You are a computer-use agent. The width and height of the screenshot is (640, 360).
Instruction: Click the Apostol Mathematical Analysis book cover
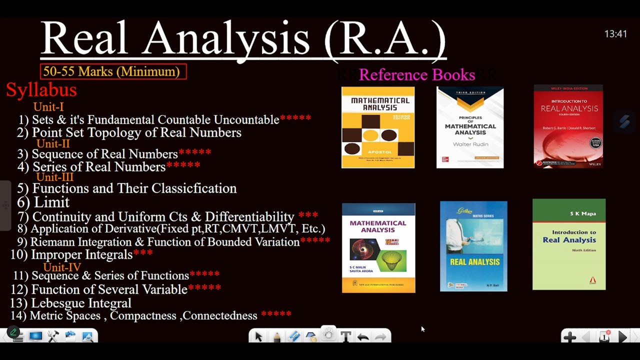pyautogui.click(x=378, y=127)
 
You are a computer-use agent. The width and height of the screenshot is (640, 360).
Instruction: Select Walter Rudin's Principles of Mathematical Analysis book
pyautogui.click(x=470, y=127)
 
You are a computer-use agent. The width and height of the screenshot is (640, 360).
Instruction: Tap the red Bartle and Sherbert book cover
pyautogui.click(x=568, y=126)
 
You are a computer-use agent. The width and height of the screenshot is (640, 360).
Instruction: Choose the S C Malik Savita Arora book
pyautogui.click(x=378, y=248)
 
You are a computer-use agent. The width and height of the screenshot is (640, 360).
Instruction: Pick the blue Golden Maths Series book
pyautogui.click(x=473, y=246)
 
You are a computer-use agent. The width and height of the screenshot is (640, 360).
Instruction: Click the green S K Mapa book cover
pyautogui.click(x=569, y=244)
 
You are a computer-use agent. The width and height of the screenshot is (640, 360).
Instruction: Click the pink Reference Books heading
pyautogui.click(x=416, y=75)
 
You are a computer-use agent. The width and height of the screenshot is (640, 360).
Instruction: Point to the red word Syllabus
pyautogui.click(x=41, y=90)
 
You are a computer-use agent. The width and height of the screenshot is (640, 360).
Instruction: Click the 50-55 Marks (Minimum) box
pyautogui.click(x=113, y=71)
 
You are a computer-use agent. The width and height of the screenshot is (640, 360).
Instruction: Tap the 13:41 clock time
pyautogui.click(x=615, y=34)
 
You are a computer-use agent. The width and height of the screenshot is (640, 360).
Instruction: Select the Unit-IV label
pyautogui.click(x=62, y=267)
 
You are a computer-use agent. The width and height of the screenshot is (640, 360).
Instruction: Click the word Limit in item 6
pyautogui.click(x=51, y=202)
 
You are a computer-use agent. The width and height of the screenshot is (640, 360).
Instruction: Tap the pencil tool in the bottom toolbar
pyautogui.click(x=277, y=336)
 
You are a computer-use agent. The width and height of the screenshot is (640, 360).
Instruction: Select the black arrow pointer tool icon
pyautogui.click(x=258, y=336)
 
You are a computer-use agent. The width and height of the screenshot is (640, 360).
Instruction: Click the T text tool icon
pyautogui.click(x=345, y=336)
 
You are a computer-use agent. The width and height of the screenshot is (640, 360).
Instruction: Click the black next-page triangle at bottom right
pyautogui.click(x=622, y=337)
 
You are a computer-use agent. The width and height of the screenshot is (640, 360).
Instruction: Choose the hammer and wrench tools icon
pyautogui.click(x=53, y=336)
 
